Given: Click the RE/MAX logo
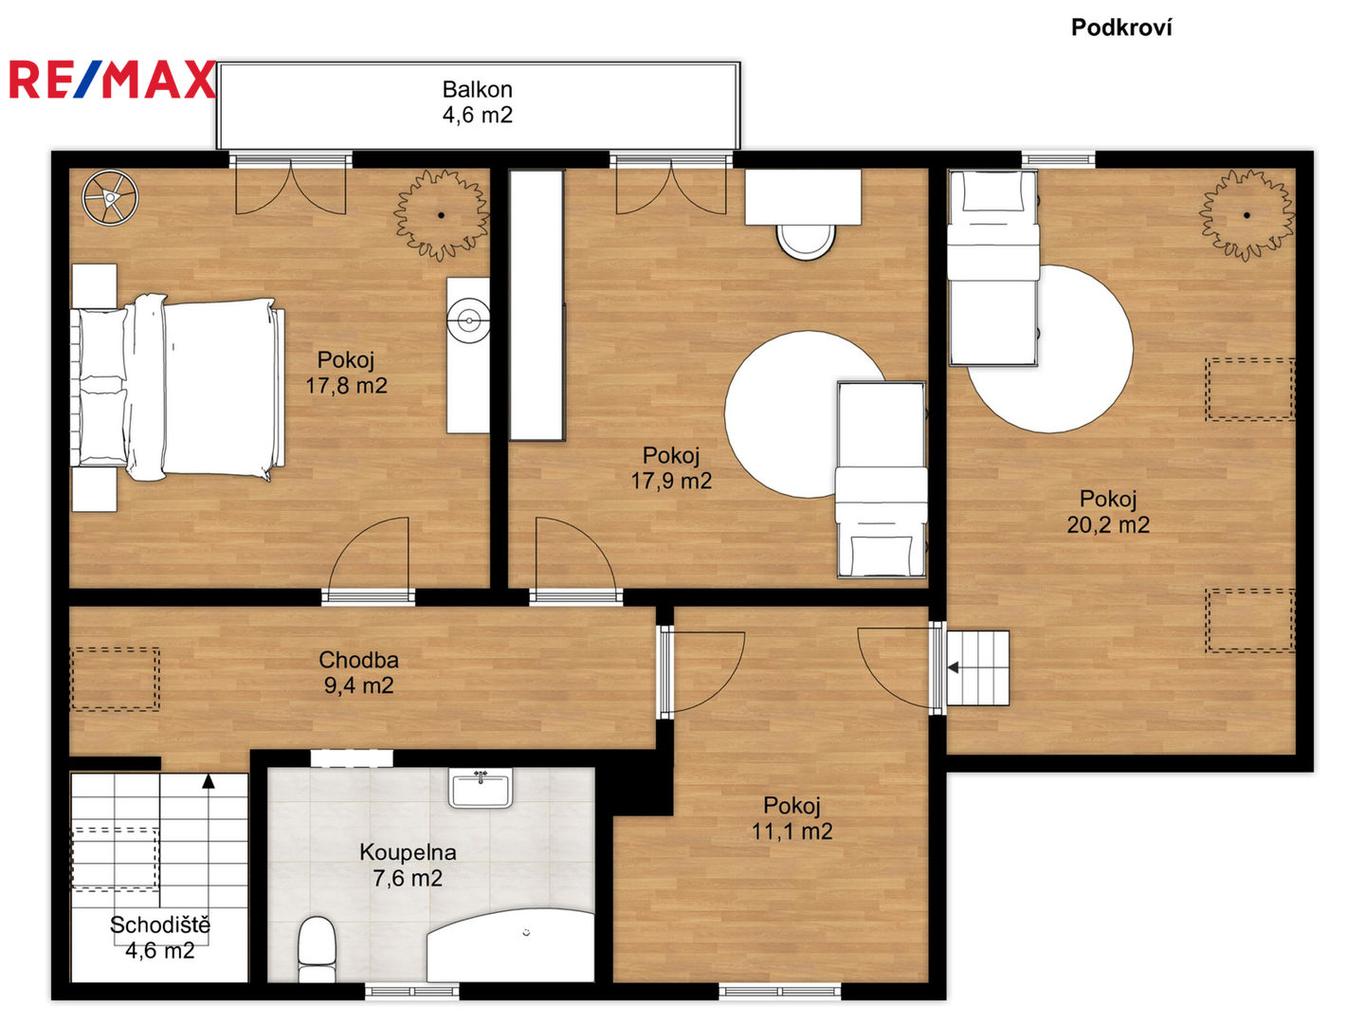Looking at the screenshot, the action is [112, 79].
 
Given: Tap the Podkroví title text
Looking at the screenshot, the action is [1120, 27].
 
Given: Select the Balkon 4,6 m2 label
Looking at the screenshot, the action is [477, 102].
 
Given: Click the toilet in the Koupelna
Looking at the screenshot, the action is [318, 949].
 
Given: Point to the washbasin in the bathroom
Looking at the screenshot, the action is [480, 788].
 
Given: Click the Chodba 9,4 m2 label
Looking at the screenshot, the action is [358, 672].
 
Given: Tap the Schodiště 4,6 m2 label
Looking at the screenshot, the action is [160, 938].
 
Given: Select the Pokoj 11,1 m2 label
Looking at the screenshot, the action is [792, 818].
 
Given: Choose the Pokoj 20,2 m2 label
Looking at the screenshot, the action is [1107, 512].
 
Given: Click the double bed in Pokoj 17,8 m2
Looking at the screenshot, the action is [178, 388].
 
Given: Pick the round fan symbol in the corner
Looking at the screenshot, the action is [110, 198].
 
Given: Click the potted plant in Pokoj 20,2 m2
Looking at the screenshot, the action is [1247, 215].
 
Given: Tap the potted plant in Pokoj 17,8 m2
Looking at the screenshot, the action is [441, 215].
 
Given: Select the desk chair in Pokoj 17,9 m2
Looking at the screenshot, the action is [806, 241].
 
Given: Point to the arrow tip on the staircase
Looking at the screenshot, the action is [209, 775].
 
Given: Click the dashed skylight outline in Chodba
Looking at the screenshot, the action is [115, 679].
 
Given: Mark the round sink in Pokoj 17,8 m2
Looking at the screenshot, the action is [468, 320].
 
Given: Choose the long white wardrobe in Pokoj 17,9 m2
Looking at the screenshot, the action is [537, 305].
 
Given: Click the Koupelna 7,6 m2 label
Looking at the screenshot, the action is [408, 865].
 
